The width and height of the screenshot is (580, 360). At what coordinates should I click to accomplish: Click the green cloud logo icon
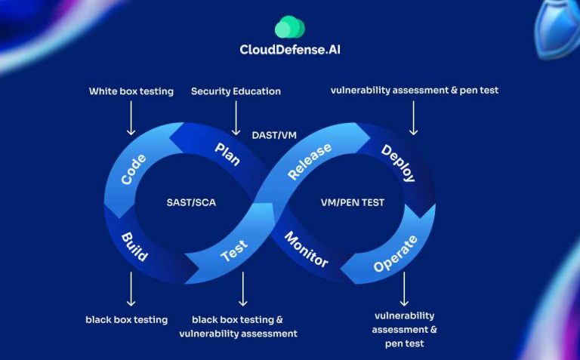[x=289, y=28]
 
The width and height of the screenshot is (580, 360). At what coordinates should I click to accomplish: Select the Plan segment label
[x=227, y=153]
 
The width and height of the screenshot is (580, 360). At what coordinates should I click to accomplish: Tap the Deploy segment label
[x=398, y=162]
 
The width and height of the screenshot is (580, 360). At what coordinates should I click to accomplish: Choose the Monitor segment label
[x=306, y=250]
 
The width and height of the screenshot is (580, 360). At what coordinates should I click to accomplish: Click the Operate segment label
[x=395, y=254]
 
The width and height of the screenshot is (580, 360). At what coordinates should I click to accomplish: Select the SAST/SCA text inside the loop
[x=191, y=202]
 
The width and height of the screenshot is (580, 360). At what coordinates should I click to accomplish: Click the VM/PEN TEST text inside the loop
[x=353, y=202]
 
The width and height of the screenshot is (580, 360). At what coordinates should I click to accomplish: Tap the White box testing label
[x=131, y=91]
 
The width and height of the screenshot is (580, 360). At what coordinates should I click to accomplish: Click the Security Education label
[x=236, y=91]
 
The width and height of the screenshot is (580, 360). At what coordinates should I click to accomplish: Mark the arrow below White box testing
[x=131, y=119]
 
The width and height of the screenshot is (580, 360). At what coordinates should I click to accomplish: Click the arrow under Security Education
[x=236, y=119]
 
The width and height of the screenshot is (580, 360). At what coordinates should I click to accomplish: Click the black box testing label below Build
[x=126, y=319]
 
